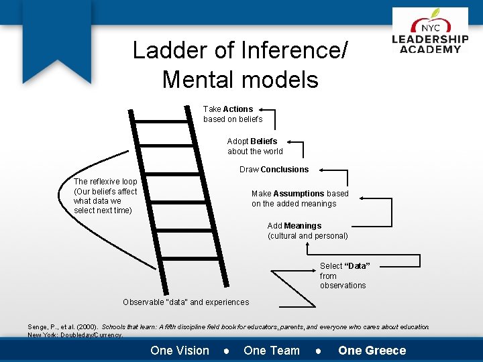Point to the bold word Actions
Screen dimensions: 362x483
[x=238, y=109]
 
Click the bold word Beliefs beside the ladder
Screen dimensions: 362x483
[x=264, y=141]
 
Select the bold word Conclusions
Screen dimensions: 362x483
[x=285, y=170]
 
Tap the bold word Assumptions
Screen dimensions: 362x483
[x=299, y=194]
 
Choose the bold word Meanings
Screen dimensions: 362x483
[x=303, y=226]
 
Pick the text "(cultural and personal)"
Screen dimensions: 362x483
[x=308, y=236]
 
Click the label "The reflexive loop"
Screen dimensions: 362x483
[x=105, y=182]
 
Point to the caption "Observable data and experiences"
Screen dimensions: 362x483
[x=186, y=302]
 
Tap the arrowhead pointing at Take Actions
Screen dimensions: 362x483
[x=260, y=109]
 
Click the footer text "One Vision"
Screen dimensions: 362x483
[x=180, y=350]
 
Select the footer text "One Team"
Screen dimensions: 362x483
[x=272, y=350]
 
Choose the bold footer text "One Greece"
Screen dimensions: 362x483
[x=372, y=350]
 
